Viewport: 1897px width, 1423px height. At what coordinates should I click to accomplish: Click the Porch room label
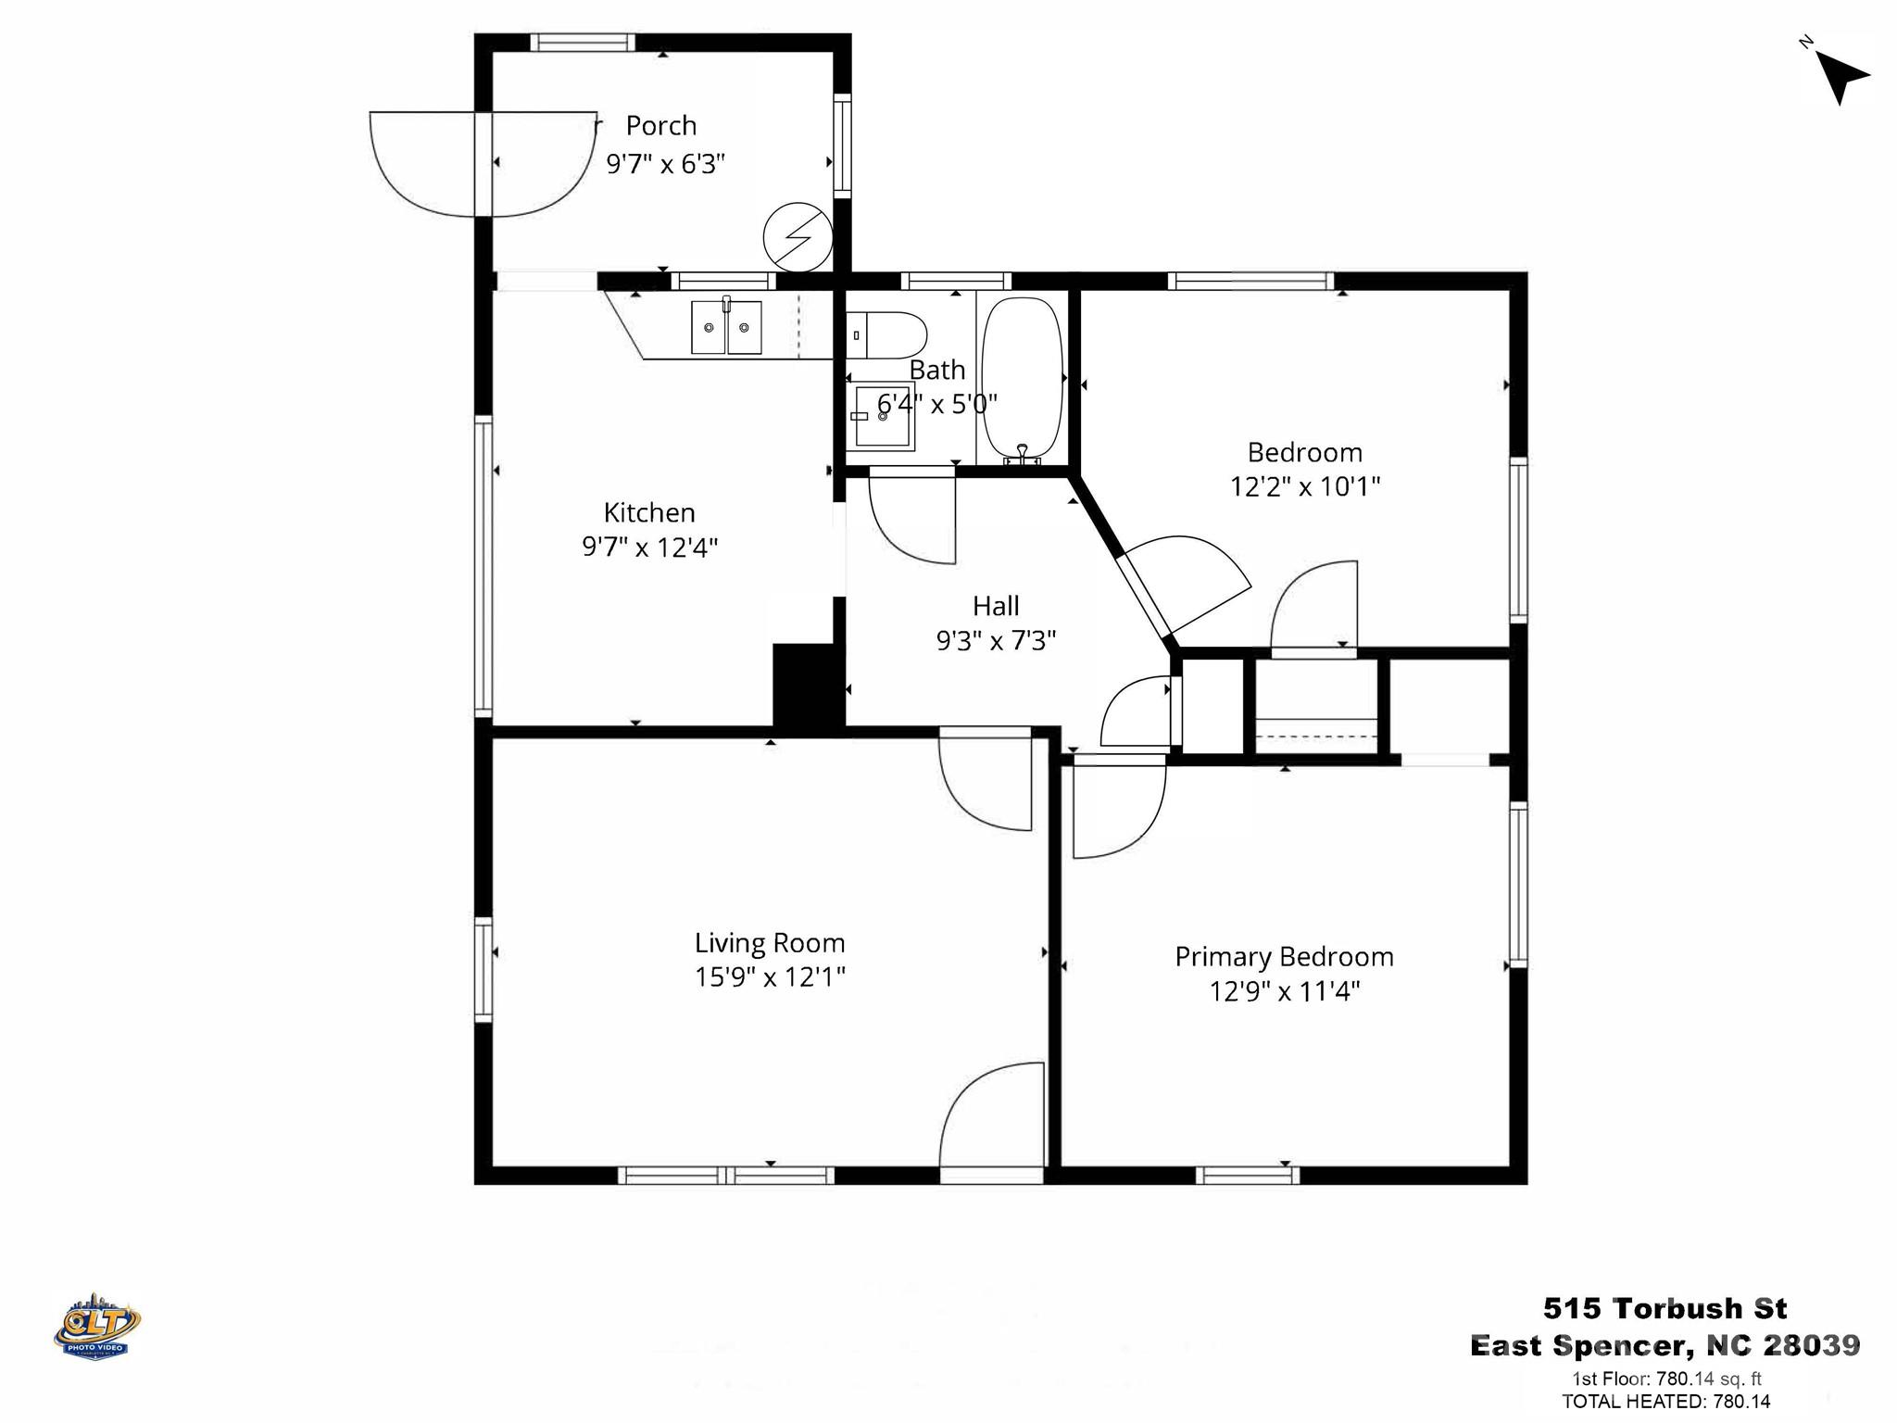tap(660, 125)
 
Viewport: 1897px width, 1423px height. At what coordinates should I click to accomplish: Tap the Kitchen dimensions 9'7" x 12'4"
tap(650, 548)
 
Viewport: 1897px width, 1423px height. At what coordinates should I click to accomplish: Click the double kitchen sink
tap(726, 327)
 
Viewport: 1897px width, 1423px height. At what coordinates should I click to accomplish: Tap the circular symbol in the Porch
tap(798, 237)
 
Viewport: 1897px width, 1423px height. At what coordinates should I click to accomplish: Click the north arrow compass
tap(1840, 75)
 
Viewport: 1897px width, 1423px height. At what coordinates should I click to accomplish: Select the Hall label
tap(996, 606)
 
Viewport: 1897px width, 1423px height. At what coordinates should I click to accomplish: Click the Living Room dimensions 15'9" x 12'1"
tap(770, 977)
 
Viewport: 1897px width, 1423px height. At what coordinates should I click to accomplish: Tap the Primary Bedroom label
tap(1284, 956)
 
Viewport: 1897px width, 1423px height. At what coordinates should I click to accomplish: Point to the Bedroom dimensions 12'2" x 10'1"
tap(1305, 486)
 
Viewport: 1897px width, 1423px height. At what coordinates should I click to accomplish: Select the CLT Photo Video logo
tap(97, 1326)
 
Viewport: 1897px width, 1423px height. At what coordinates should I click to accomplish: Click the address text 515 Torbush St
tap(1665, 1308)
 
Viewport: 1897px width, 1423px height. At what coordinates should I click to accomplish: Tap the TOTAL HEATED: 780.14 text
tap(1665, 1402)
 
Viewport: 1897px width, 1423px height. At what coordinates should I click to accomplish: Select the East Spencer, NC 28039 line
tap(1665, 1345)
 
